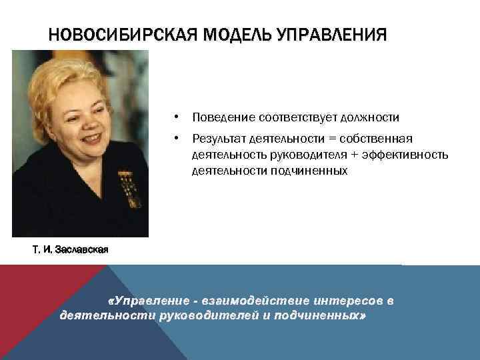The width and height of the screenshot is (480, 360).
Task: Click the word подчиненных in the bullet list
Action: click(x=309, y=171)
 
